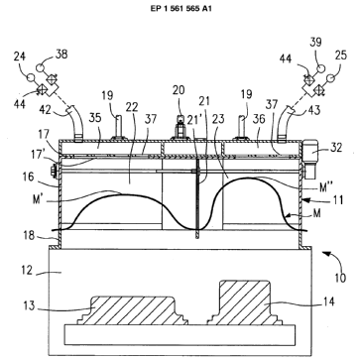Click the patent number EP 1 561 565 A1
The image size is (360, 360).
point(180,9)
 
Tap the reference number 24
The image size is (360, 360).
point(20,57)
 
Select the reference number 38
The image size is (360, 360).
point(60,54)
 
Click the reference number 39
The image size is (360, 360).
point(315,43)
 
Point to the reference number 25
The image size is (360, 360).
point(341,55)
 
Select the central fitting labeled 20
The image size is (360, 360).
point(180,127)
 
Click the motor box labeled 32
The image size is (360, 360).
point(310,159)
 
